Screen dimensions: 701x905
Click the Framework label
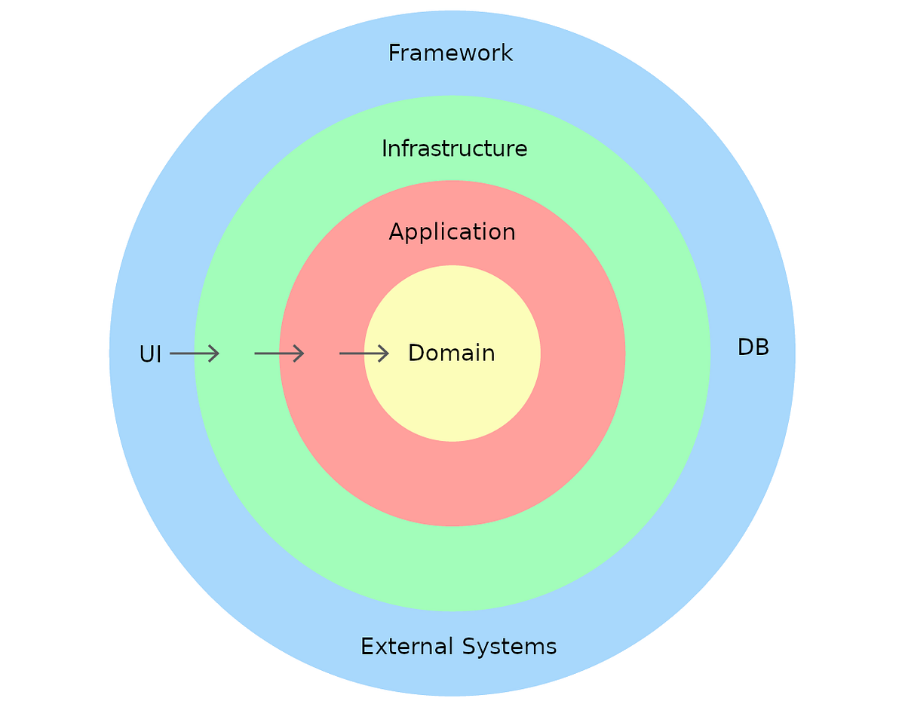pos(450,54)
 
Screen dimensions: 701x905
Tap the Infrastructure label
pos(454,148)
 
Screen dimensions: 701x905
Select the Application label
pos(452,232)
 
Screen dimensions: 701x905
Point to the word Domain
pos(451,353)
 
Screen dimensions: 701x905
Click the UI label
pos(150,354)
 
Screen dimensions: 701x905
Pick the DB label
pos(753,347)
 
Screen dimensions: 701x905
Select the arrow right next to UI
pos(195,353)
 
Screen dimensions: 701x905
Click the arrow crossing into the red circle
pos(279,353)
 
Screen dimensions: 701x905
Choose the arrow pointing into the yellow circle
pos(364,353)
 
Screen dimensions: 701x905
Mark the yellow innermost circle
pos(452,399)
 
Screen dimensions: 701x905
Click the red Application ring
pos(452,482)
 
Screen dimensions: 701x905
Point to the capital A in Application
pos(396,232)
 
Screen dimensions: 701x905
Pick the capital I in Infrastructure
pos(385,148)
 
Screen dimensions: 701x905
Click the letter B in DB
pos(762,347)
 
